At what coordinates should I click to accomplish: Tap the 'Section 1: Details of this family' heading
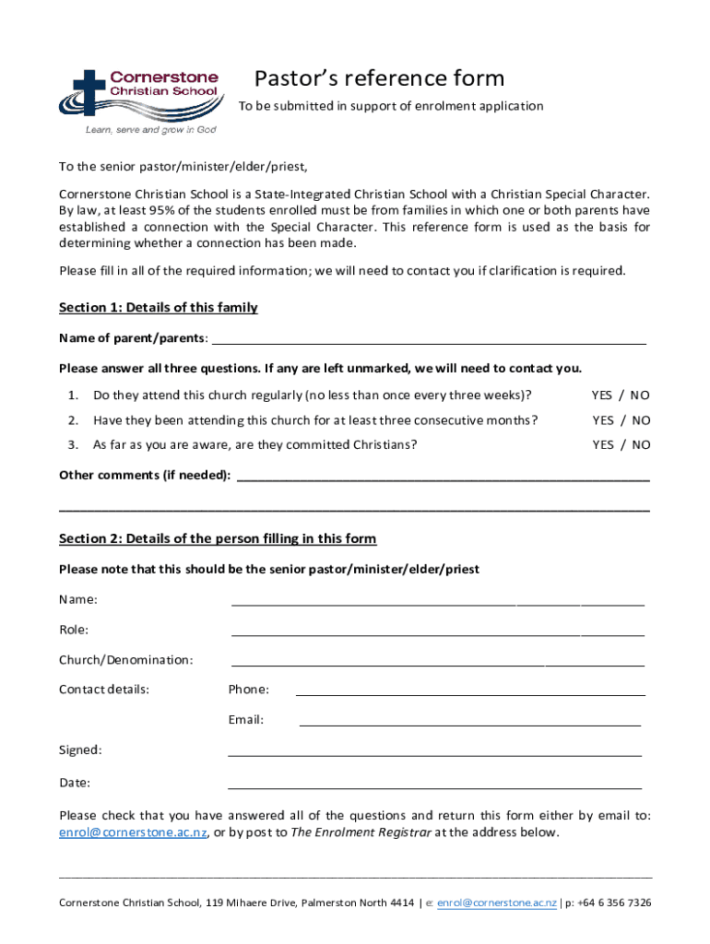pos(159,307)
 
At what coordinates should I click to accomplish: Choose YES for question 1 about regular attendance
pos(602,395)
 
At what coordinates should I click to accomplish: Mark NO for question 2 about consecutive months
pos(640,420)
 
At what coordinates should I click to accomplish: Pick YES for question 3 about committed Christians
pos(602,444)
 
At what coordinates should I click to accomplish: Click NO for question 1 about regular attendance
pos(640,395)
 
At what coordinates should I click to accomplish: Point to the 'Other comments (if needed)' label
pos(145,476)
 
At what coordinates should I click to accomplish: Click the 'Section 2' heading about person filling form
pos(218,538)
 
